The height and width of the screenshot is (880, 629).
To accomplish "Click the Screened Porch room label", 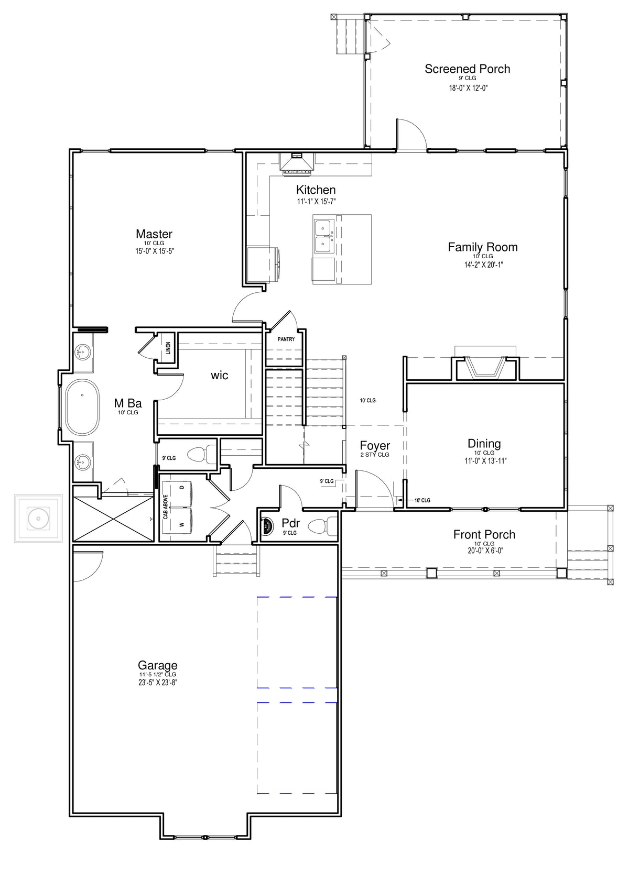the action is pyautogui.click(x=467, y=69).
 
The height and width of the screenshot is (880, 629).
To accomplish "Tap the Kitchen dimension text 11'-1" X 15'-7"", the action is pyautogui.click(x=316, y=202).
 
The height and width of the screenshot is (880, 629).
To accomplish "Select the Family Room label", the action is pyautogui.click(x=483, y=247).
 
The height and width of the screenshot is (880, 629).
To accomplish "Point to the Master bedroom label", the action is pyautogui.click(x=154, y=234).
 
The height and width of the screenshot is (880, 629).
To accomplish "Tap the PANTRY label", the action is pyautogui.click(x=286, y=339).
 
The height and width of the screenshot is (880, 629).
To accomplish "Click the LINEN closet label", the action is pyautogui.click(x=168, y=348).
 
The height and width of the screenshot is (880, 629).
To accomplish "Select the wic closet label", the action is pyautogui.click(x=219, y=376).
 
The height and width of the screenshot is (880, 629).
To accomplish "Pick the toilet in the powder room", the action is pyautogui.click(x=322, y=526).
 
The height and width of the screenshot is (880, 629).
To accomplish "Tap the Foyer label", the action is pyautogui.click(x=375, y=445).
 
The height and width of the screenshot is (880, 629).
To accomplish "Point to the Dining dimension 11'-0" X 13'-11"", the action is pyautogui.click(x=485, y=461).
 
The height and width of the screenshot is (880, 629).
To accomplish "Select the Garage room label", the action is pyautogui.click(x=157, y=665).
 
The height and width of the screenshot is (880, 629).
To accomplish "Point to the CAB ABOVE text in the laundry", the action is pyautogui.click(x=166, y=507).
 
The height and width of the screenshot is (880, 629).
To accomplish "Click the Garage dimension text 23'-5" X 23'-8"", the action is pyautogui.click(x=157, y=683).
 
